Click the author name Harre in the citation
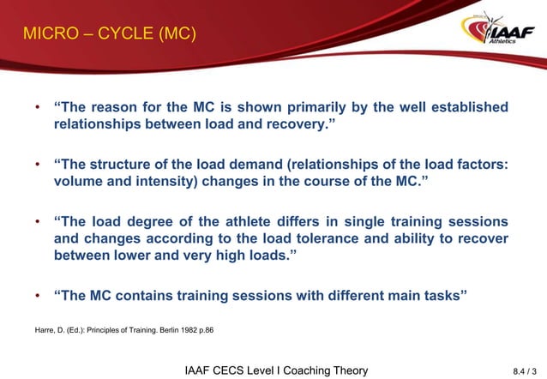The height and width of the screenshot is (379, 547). [44, 328]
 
